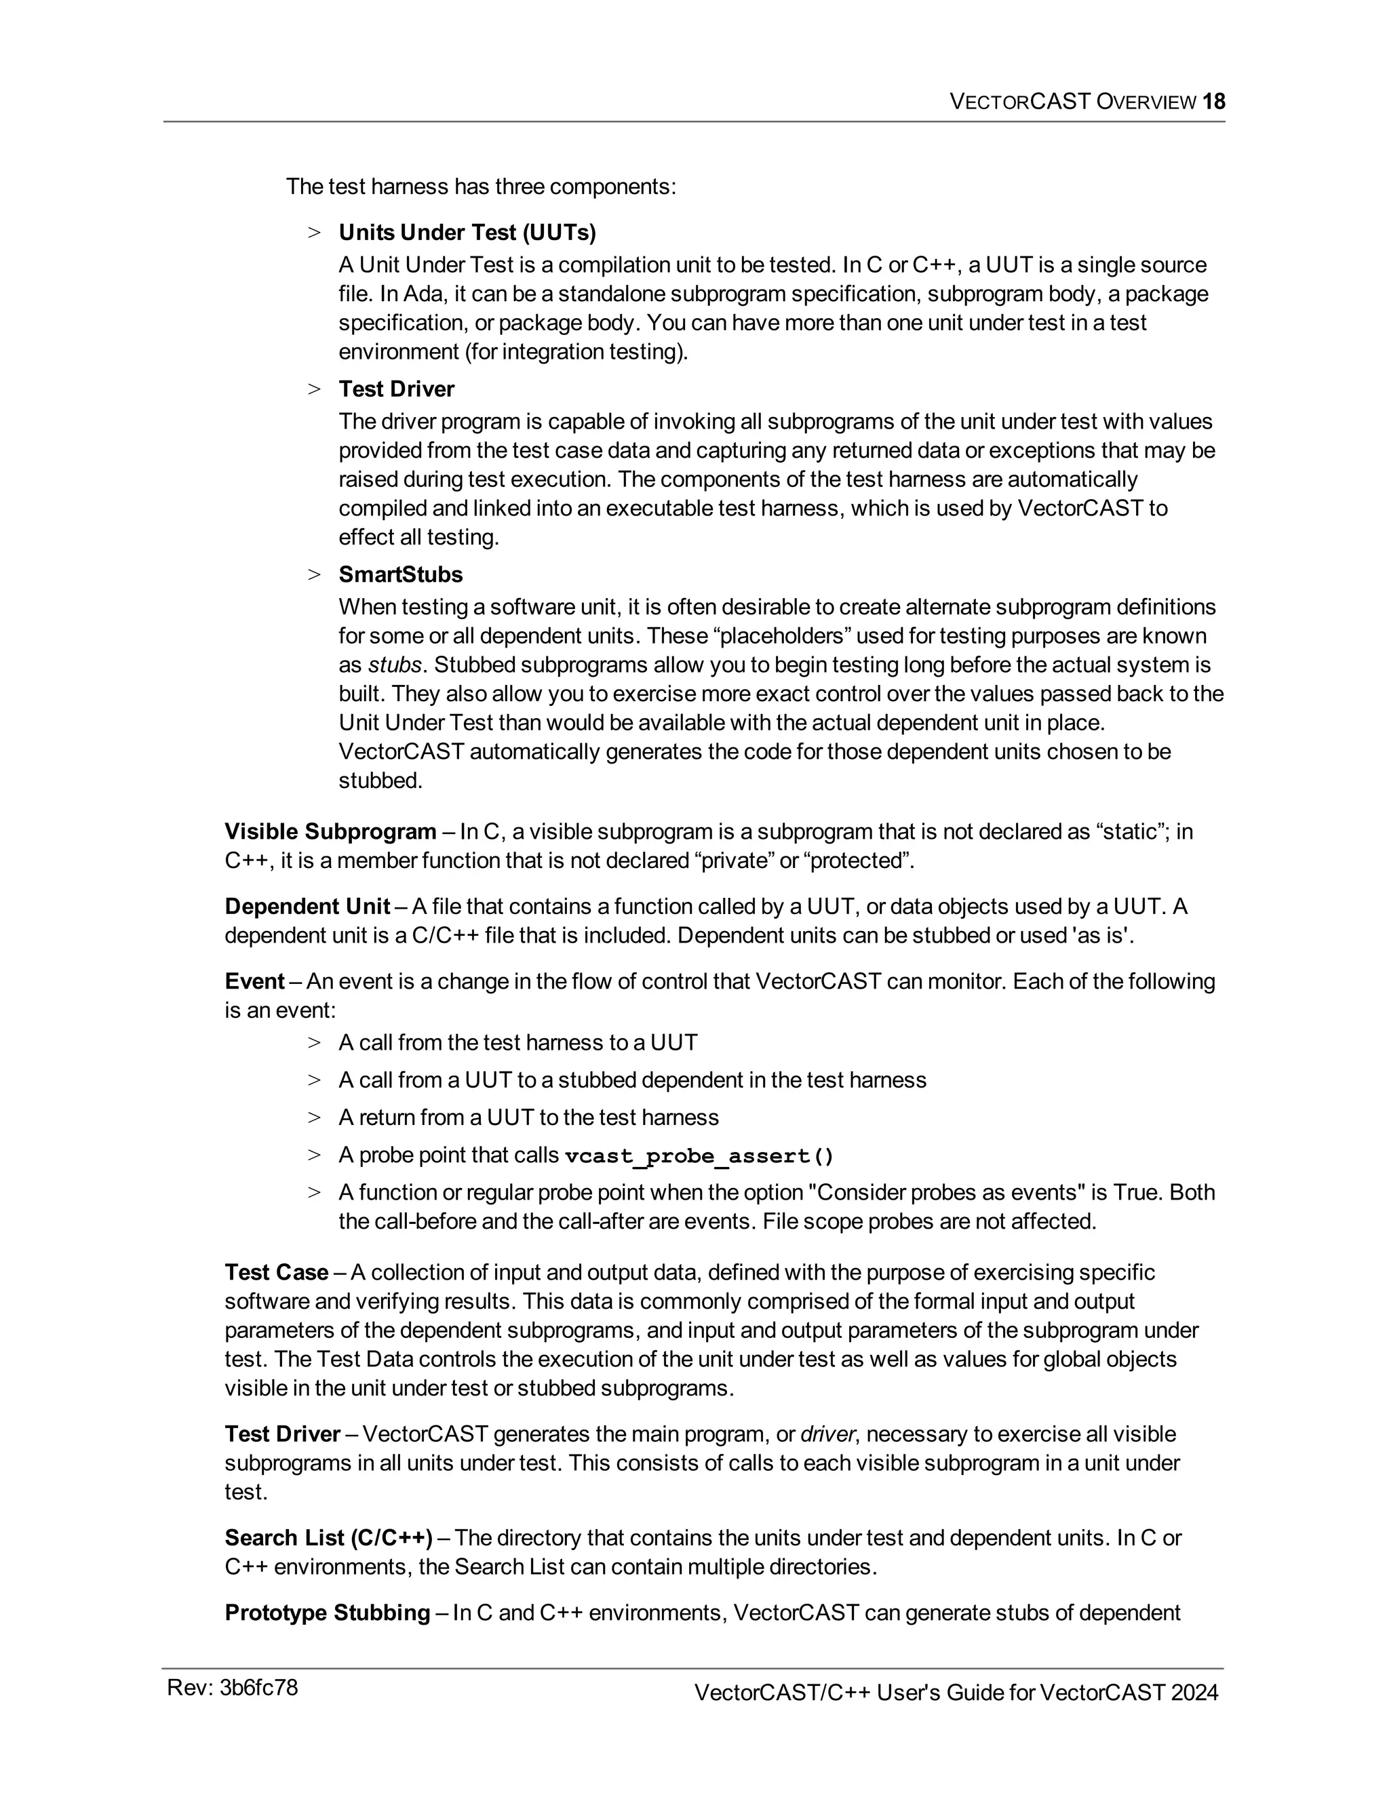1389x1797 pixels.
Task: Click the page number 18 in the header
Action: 1214,102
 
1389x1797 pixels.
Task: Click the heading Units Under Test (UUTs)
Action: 467,233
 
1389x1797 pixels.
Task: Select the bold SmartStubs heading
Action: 400,574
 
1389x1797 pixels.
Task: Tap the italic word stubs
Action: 394,665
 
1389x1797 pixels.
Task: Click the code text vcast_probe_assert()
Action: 699,1156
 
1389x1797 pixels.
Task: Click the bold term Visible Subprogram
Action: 330,832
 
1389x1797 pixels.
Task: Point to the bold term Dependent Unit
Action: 307,907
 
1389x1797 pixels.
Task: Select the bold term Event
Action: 254,982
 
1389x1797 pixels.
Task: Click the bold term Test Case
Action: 277,1273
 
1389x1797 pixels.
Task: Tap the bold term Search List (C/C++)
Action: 328,1538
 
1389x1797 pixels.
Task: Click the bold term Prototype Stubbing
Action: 327,1613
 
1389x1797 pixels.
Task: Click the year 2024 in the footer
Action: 1194,1693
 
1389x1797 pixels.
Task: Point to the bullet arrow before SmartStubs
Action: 313,575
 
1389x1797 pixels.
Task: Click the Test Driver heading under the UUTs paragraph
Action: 396,389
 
